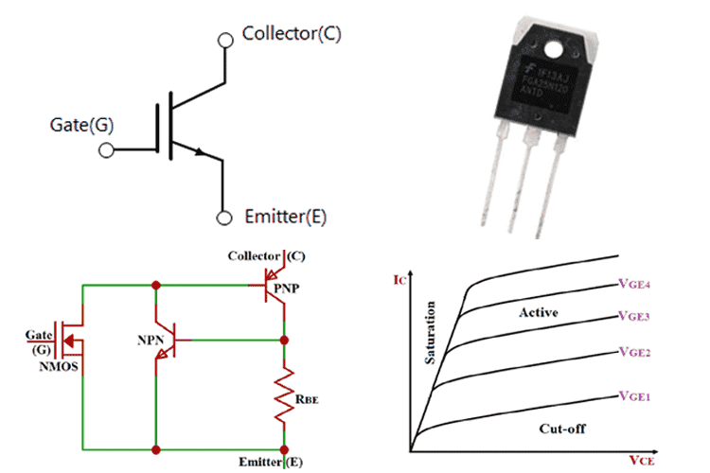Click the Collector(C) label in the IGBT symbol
pyautogui.click(x=292, y=34)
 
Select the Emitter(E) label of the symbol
pyautogui.click(x=285, y=217)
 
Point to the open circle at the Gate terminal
pyautogui.click(x=106, y=149)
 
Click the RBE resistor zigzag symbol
pyautogui.click(x=284, y=397)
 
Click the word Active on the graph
pyautogui.click(x=541, y=312)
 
